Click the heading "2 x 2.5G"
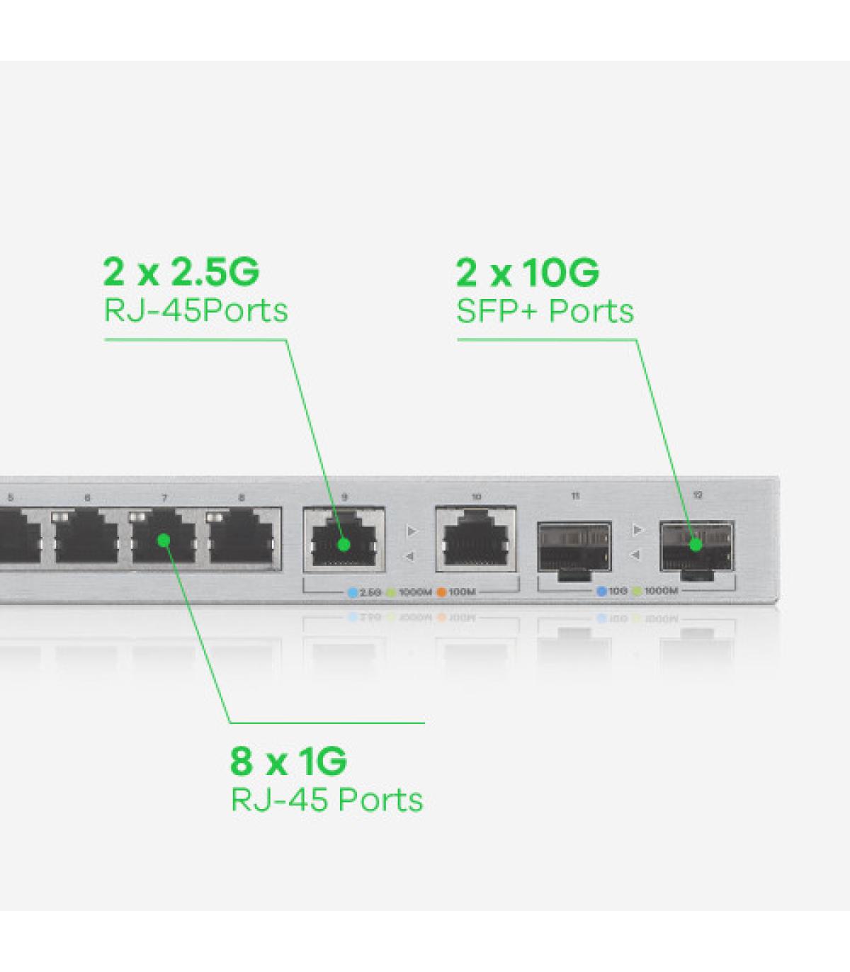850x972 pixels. tap(181, 271)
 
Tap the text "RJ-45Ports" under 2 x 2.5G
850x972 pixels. tap(196, 311)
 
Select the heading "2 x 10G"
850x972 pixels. tap(528, 272)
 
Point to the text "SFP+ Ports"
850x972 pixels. tap(545, 311)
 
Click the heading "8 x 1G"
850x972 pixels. tap(288, 761)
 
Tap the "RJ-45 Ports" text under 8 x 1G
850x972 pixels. tap(327, 800)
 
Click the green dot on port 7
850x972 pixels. tap(164, 541)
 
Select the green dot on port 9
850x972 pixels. tap(344, 544)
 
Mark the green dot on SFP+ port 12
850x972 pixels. tap(696, 544)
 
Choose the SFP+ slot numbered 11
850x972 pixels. tap(574, 547)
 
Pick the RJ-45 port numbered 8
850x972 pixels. tap(242, 537)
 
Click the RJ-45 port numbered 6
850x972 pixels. tap(87, 537)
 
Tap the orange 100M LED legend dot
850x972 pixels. tap(441, 592)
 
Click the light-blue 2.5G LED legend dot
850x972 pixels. tap(353, 592)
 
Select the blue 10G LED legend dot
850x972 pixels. tap(601, 591)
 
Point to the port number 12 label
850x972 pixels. tap(698, 495)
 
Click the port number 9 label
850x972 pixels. tap(344, 497)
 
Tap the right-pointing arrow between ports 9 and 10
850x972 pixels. tap(412, 531)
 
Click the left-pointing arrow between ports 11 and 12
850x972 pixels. tap(636, 555)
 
